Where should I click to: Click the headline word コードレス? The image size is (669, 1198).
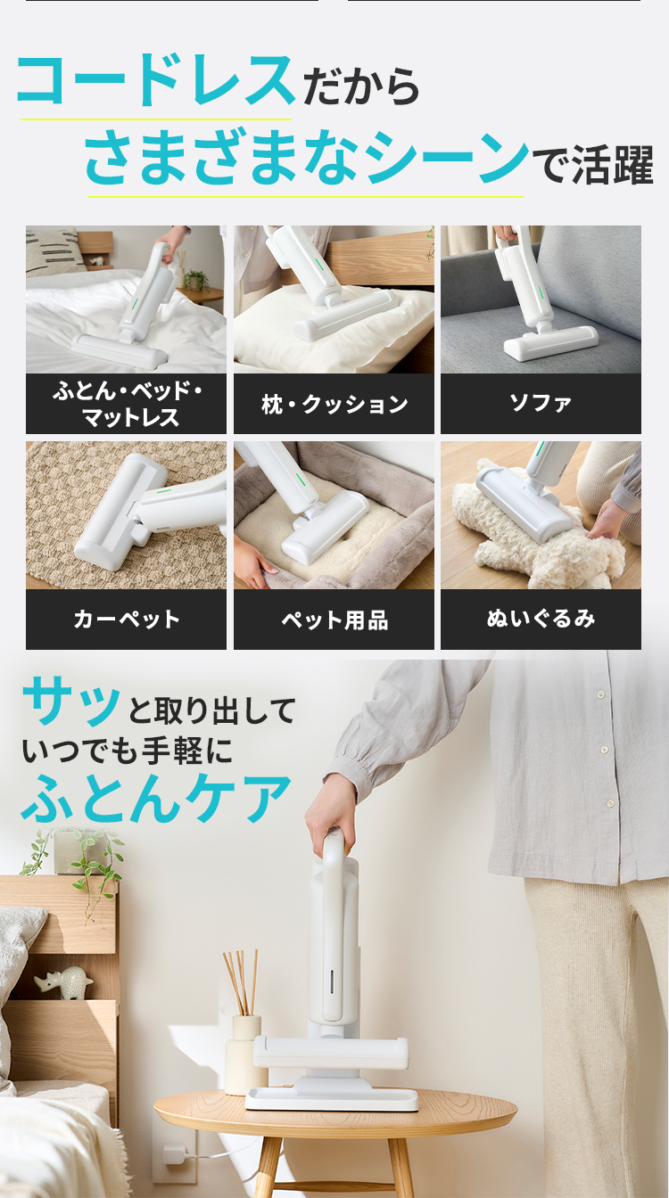point(155,80)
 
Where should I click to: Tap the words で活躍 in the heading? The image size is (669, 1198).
point(593,165)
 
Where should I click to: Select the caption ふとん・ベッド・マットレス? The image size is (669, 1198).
point(127,404)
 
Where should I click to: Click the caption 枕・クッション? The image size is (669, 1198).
point(334,405)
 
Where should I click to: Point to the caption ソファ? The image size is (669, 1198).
point(541,403)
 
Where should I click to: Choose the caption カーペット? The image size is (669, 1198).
point(127,620)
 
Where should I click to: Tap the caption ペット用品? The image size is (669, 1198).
point(334,620)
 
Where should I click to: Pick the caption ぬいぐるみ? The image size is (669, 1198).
point(541,619)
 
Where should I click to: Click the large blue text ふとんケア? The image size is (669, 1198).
point(156,799)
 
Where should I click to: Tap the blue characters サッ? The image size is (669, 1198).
point(70,702)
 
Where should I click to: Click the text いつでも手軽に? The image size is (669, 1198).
point(127,751)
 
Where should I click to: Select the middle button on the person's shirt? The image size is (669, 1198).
point(604,750)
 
